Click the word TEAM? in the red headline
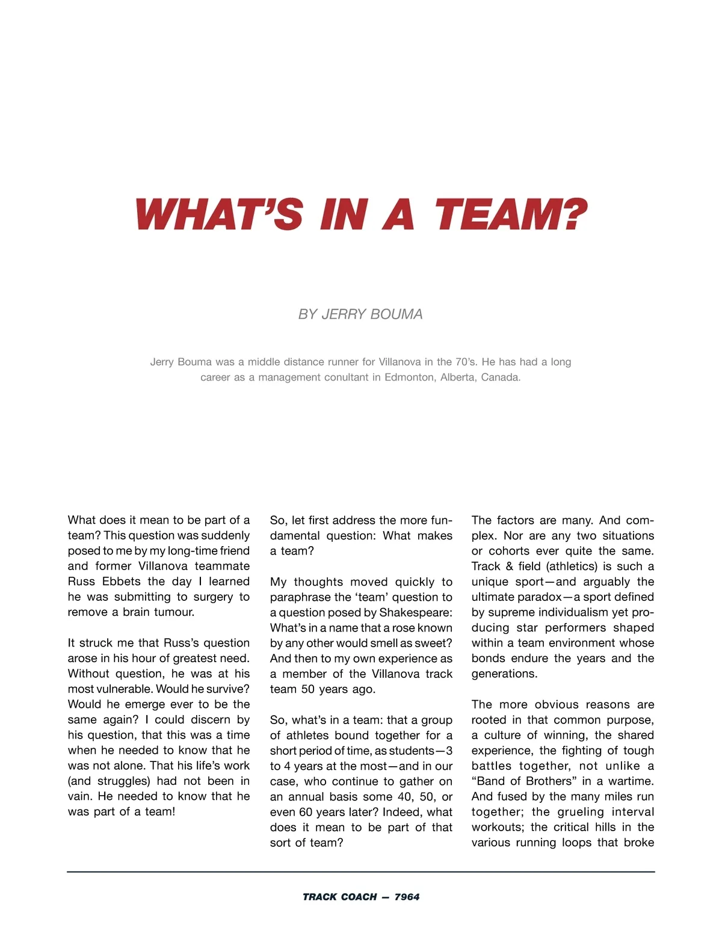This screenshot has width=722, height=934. pos(510,215)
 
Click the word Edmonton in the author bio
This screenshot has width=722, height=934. pos(410,378)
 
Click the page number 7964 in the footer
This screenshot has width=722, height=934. pos(407,897)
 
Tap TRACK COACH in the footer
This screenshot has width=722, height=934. pos(339,897)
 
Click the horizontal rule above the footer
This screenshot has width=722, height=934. pos(361,871)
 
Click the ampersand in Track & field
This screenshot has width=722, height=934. pos(510,567)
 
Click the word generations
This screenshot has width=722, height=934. pos(504,674)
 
